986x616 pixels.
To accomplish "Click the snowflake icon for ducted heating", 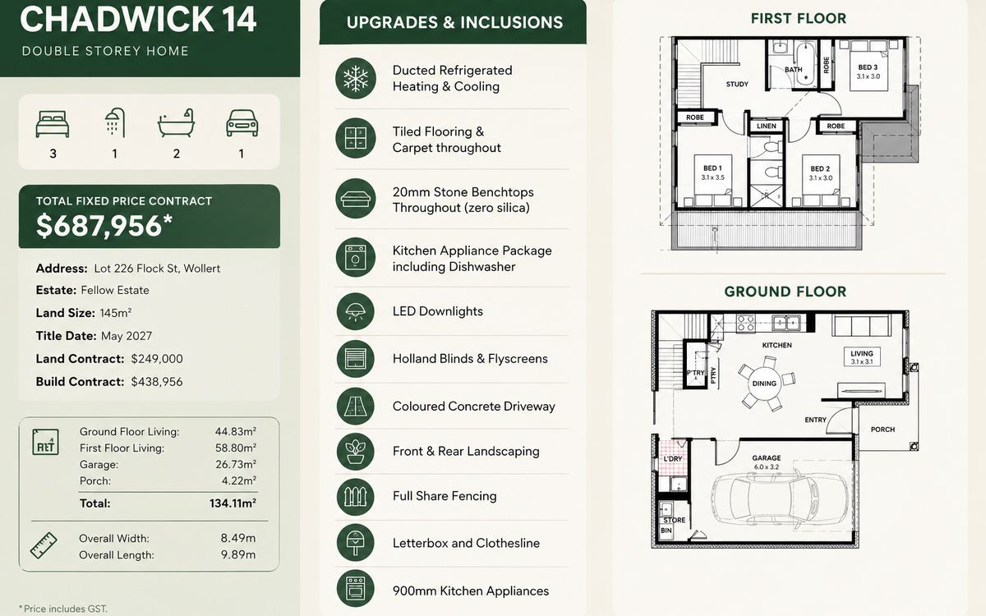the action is click(356, 79).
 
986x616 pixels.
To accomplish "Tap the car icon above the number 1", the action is click(242, 123).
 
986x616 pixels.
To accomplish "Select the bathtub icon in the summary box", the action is click(176, 122).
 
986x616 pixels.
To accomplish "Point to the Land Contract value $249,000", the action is click(157, 359).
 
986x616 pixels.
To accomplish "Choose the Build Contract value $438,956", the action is click(157, 382).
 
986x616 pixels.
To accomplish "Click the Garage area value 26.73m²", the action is click(236, 464).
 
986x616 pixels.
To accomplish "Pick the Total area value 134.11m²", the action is click(233, 503).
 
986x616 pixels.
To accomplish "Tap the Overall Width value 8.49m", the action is click(238, 538).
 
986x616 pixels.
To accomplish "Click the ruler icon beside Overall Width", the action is click(44, 546).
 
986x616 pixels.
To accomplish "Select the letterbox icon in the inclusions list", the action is click(355, 543).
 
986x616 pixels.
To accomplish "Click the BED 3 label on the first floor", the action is click(868, 67).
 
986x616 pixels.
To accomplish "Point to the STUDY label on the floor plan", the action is click(737, 84).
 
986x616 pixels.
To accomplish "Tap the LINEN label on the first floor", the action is click(767, 126).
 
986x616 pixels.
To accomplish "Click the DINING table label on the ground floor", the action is click(764, 384).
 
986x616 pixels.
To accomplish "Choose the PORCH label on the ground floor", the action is click(882, 430).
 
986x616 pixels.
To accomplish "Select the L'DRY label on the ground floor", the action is click(673, 459).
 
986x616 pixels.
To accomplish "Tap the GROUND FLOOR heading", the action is click(786, 292).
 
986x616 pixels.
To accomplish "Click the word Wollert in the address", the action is click(201, 269).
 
